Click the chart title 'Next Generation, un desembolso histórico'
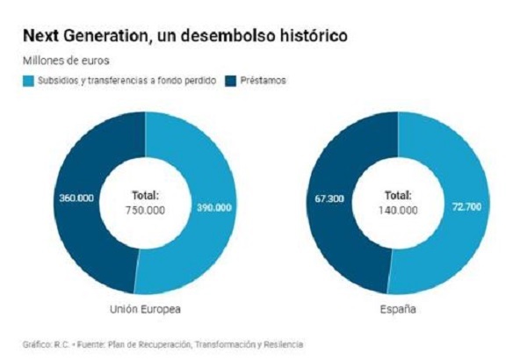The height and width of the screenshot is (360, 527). [x=185, y=36]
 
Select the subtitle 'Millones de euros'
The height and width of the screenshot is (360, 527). [x=66, y=61]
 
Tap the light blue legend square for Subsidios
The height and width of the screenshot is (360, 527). [x=29, y=81]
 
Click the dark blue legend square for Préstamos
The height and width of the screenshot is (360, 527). [x=231, y=81]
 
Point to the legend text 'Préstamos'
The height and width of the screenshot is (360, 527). [x=263, y=81]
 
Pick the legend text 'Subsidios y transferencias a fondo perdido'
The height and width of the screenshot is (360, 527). [x=126, y=81]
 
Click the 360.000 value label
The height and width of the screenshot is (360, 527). [x=76, y=198]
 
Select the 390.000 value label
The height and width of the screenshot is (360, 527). [x=214, y=207]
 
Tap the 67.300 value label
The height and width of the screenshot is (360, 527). [x=329, y=198]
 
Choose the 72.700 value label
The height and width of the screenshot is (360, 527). [x=467, y=206]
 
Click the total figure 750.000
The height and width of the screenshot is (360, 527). [x=145, y=211]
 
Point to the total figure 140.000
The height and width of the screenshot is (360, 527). [x=398, y=211]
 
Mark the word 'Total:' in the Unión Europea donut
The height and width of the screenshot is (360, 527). [x=145, y=195]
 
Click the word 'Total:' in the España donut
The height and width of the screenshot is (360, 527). [x=398, y=195]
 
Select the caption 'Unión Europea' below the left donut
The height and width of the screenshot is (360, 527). [x=145, y=309]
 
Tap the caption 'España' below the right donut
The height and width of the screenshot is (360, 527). [x=398, y=309]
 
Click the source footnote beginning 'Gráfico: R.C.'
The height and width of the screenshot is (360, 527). [x=163, y=344]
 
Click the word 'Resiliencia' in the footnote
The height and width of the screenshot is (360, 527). [x=284, y=344]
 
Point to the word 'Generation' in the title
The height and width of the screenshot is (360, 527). [x=105, y=36]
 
